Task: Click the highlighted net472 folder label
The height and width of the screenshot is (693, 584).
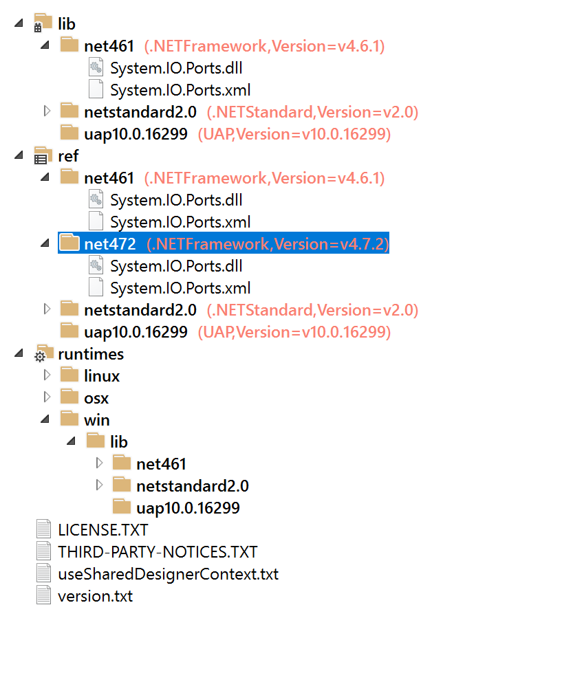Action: (x=110, y=244)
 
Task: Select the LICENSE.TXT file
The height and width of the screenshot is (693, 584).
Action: (x=102, y=530)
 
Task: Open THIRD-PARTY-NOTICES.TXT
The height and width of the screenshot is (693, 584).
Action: (x=158, y=552)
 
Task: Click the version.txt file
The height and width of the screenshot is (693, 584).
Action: (x=95, y=596)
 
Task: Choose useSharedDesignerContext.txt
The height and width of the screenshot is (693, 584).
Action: (x=168, y=574)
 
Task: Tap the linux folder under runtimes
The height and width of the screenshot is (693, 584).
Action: (x=102, y=376)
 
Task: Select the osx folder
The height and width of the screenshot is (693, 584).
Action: (x=96, y=398)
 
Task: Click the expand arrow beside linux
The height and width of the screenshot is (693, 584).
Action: (x=47, y=375)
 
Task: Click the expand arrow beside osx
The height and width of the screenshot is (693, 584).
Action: (x=47, y=397)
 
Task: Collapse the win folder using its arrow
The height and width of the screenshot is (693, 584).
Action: (x=45, y=419)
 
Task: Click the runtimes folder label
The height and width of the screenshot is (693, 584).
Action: (x=91, y=354)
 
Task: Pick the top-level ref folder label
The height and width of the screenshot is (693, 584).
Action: (x=68, y=156)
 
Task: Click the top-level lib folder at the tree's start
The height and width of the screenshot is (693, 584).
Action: (x=67, y=24)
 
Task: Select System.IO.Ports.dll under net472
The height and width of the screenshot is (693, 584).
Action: (x=176, y=266)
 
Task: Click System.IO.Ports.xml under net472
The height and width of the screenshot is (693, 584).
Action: (x=180, y=288)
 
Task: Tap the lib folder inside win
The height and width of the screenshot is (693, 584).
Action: (x=119, y=442)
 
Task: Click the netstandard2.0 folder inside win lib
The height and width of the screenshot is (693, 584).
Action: (x=192, y=486)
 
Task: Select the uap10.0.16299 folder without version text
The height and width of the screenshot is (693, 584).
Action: (x=188, y=508)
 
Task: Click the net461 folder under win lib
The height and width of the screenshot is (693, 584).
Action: (x=161, y=464)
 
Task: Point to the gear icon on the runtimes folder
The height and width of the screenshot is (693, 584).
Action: (x=40, y=356)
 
